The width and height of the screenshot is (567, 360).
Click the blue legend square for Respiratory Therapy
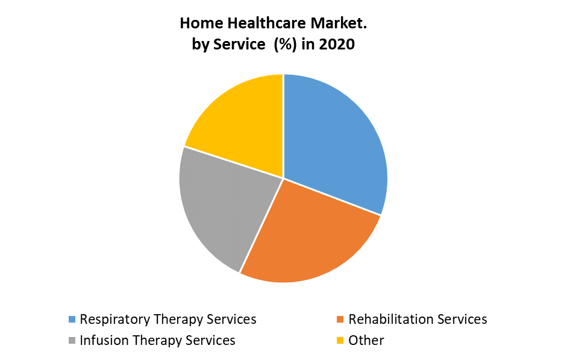pyautogui.click(x=72, y=320)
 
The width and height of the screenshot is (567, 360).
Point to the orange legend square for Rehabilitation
pyautogui.click(x=341, y=320)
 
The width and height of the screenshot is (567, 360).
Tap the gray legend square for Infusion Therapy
pyautogui.click(x=72, y=341)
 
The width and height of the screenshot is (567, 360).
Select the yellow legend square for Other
pyautogui.click(x=341, y=341)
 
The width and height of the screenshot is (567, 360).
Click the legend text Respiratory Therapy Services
pyautogui.click(x=168, y=319)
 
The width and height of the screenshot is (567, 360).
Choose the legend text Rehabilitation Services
pyautogui.click(x=418, y=319)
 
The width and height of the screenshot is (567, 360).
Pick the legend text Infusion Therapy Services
pyautogui.click(x=157, y=340)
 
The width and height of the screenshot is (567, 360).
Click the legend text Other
pyautogui.click(x=366, y=340)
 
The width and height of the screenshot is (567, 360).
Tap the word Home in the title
pyautogui.click(x=199, y=24)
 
